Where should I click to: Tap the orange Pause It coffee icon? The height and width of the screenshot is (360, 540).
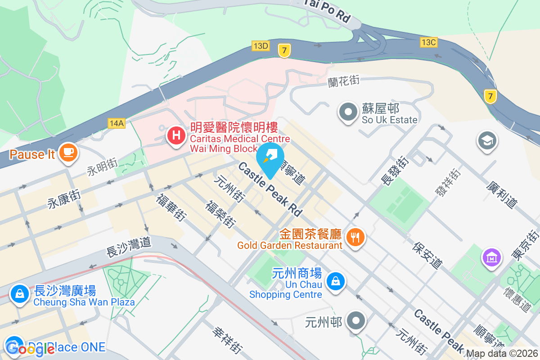coord(68,153)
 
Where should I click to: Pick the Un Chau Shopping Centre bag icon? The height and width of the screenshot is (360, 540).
coord(335,282)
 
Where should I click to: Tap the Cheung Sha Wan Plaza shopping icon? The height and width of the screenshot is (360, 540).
coord(19,293)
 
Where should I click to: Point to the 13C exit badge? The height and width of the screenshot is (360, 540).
coord(428,42)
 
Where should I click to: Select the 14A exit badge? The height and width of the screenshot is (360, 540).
coord(116,123)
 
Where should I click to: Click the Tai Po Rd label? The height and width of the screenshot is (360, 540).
coord(328,11)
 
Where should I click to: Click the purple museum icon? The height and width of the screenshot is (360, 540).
coord(492,257)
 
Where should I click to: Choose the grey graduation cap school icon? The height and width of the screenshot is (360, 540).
coord(487,140)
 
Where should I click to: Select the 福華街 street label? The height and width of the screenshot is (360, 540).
coord(171,207)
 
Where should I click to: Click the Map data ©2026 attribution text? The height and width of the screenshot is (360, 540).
coord(502,354)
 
